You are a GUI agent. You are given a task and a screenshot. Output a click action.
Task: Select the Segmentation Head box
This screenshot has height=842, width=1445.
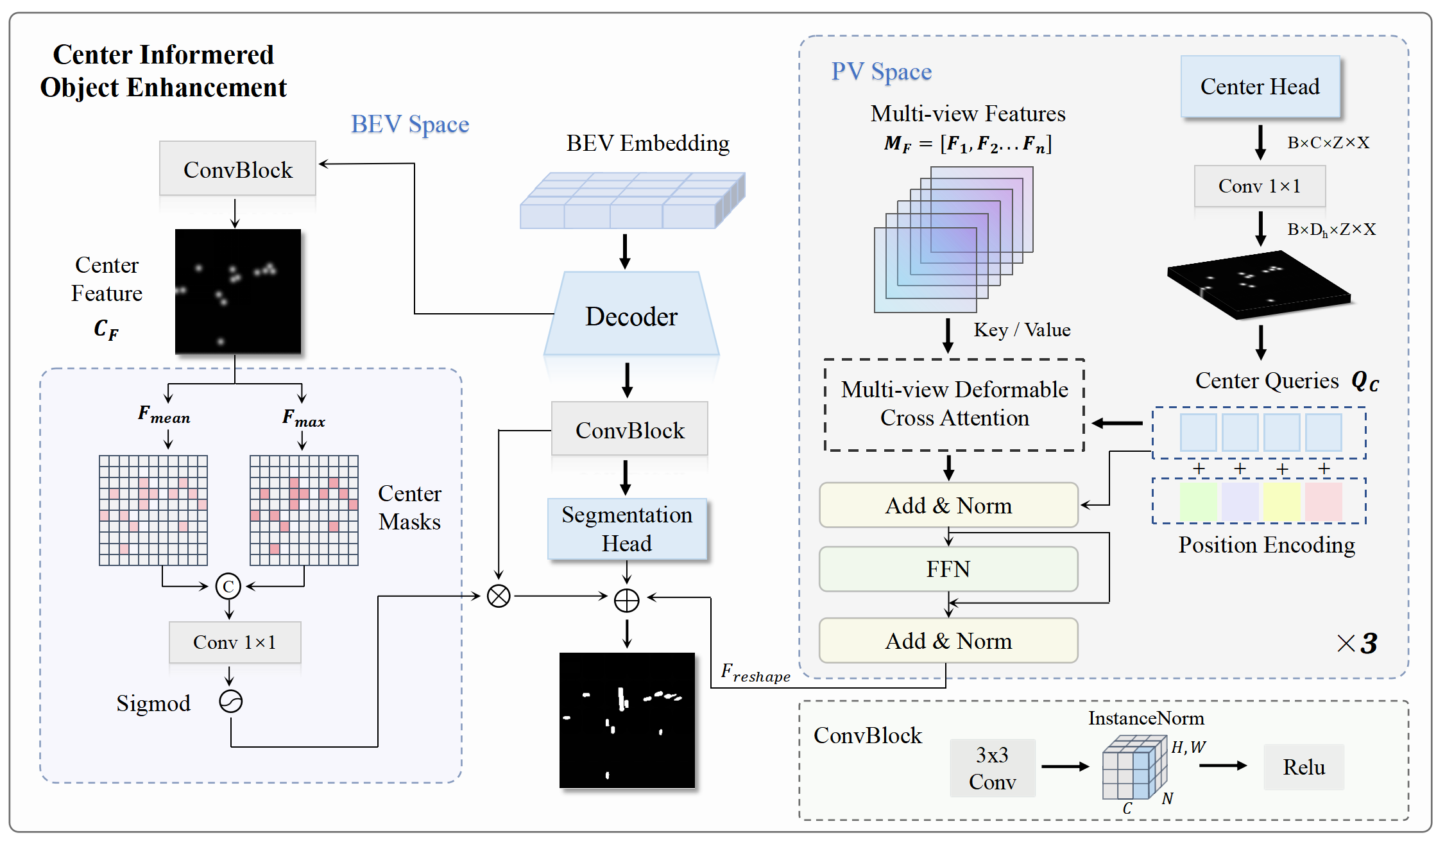(627, 529)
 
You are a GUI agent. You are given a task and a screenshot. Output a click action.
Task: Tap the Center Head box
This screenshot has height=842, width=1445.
(1260, 87)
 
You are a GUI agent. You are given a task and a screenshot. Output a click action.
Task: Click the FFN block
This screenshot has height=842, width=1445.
(948, 569)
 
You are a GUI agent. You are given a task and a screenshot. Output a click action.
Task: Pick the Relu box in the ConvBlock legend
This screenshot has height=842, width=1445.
(1304, 767)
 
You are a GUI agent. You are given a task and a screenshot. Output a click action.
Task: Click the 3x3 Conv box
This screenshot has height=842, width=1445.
(992, 768)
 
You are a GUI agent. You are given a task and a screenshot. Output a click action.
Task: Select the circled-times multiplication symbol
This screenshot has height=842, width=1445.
(499, 596)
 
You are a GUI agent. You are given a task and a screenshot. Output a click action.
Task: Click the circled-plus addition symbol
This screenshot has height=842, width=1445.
(627, 600)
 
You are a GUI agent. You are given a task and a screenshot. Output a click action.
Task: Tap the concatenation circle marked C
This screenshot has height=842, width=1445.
(228, 586)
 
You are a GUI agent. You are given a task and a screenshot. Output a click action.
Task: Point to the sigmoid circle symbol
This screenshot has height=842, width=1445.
(230, 701)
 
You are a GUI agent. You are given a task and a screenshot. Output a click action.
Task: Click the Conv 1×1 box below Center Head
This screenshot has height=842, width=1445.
(1260, 186)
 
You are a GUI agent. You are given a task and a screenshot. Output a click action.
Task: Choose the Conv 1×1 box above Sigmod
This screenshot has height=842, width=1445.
(235, 642)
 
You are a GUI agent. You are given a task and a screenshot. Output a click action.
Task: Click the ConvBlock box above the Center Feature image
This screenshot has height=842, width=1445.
(237, 168)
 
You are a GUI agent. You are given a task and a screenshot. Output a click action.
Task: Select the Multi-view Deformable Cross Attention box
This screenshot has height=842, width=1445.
(954, 404)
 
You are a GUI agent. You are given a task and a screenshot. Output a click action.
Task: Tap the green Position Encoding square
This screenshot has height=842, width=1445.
(1198, 501)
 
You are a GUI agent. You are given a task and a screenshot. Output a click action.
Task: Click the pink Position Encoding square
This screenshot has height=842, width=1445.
(1324, 501)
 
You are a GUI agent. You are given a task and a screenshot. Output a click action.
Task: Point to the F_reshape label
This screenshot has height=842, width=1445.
(755, 673)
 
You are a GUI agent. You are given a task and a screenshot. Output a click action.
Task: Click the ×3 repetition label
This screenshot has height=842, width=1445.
(1357, 642)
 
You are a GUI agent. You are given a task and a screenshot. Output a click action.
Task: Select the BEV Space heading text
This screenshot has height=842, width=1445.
(410, 125)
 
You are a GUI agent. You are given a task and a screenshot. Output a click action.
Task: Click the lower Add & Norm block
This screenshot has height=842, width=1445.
(948, 640)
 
